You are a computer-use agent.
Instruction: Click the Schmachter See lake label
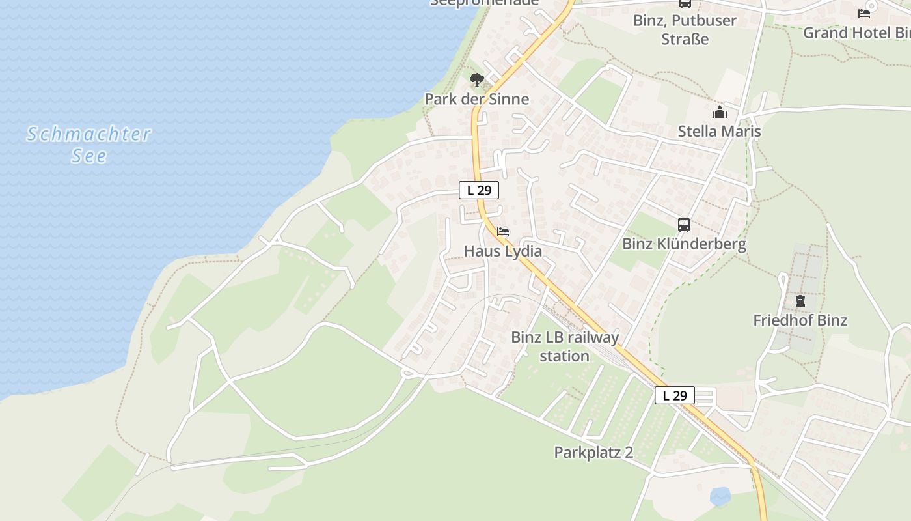coord(89,144)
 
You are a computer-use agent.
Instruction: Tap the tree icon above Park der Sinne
coord(477,81)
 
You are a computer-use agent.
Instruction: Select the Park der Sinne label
coord(477,99)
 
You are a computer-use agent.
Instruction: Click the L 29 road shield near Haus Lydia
coord(479,190)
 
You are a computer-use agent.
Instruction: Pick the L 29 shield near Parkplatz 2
coord(675,395)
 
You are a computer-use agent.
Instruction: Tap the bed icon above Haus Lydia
coord(503,231)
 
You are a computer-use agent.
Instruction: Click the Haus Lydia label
coord(503,251)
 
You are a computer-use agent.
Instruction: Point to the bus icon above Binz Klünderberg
coord(684,225)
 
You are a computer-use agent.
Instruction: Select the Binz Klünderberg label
coord(684,244)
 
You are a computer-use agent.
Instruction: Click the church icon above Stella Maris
coord(719,112)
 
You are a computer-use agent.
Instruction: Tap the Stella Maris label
coord(719,131)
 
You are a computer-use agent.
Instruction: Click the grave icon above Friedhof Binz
coord(800,301)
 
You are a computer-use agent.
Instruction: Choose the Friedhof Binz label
coord(800,320)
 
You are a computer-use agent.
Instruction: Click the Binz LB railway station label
coord(565,346)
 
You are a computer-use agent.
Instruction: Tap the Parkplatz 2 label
coord(593,452)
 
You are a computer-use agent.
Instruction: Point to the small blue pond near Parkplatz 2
coord(720,497)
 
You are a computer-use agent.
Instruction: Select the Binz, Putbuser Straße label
coord(685,29)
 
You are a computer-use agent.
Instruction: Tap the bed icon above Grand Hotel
coord(864,13)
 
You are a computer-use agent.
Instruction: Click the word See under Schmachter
coord(89,156)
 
